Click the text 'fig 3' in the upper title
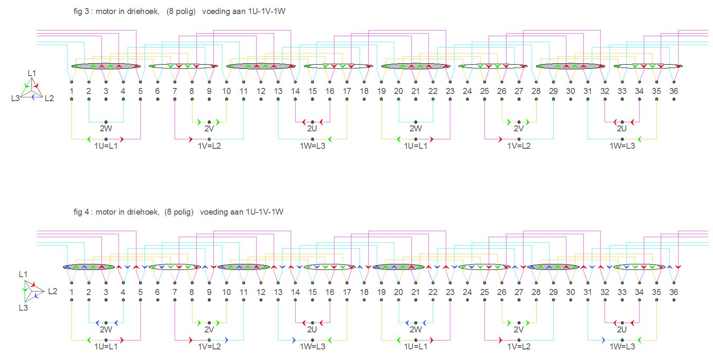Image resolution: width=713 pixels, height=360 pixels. (x=81, y=11)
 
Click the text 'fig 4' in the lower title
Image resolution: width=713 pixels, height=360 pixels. (x=81, y=212)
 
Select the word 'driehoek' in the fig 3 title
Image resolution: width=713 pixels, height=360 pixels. (x=143, y=11)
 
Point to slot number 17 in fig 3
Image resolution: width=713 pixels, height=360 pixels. (x=347, y=91)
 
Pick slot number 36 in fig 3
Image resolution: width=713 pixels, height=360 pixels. (x=673, y=91)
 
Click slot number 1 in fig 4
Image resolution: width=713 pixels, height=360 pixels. (x=71, y=292)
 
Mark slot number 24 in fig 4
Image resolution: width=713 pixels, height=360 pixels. (x=467, y=292)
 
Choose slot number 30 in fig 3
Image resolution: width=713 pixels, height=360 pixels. (x=570, y=91)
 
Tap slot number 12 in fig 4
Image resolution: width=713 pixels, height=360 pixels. (x=260, y=292)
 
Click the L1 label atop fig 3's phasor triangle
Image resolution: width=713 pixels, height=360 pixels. (x=32, y=73)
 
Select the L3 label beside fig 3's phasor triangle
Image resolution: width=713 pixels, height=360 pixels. (x=15, y=98)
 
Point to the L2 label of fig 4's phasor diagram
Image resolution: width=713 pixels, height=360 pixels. (x=52, y=291)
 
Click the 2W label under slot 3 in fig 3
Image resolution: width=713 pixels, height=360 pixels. (x=106, y=128)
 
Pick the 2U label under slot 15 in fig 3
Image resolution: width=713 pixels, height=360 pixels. (x=312, y=128)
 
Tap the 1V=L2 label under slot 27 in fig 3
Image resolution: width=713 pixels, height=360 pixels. (x=519, y=146)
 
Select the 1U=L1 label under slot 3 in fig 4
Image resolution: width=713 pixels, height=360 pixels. (x=106, y=346)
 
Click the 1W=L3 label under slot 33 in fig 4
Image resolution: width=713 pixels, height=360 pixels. (x=622, y=346)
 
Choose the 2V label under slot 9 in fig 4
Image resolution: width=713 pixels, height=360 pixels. (x=209, y=329)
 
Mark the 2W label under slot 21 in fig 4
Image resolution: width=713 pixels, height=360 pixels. (x=416, y=329)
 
